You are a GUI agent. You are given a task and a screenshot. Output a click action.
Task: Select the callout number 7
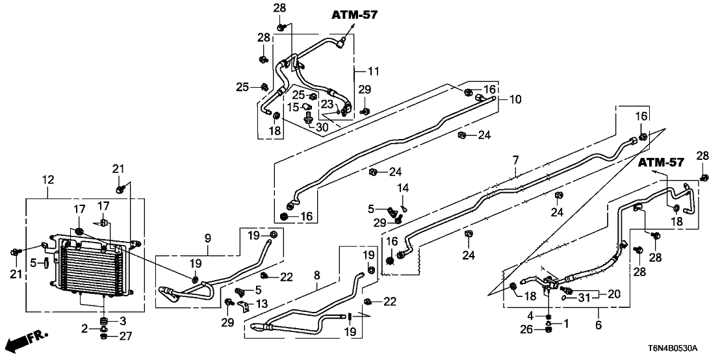pos(515,160)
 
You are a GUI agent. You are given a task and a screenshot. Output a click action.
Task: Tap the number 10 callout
pos(515,99)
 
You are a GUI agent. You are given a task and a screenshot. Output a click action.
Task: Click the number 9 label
pos(208,238)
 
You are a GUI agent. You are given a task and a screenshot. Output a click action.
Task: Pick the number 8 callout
pos(317,275)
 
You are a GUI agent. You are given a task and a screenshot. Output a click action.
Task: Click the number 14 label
pos(403,188)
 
